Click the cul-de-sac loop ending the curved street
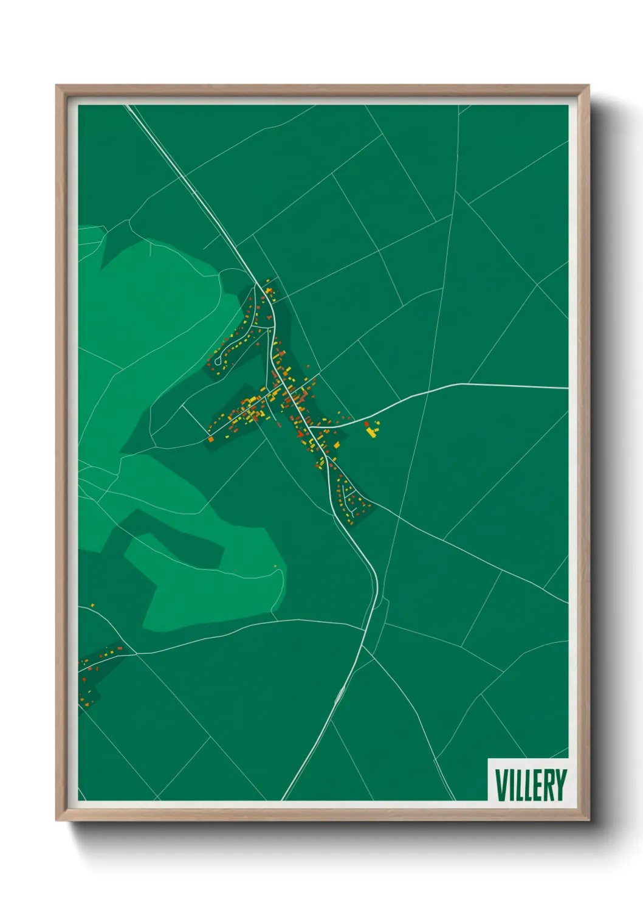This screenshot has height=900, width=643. [217, 362]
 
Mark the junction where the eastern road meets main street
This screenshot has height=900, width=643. [311, 427]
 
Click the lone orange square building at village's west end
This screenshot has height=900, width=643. [211, 438]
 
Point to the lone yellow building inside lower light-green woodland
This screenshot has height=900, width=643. [275, 566]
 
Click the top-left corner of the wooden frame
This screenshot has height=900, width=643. [56, 86]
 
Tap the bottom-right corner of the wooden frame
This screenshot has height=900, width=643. [589, 821]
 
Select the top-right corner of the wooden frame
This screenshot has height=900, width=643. [589, 86]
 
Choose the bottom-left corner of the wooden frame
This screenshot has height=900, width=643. [56, 821]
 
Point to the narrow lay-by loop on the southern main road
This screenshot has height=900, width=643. [340, 695]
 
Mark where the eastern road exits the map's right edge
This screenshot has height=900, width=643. [568, 388]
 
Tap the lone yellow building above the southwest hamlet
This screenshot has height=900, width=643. [92, 606]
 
